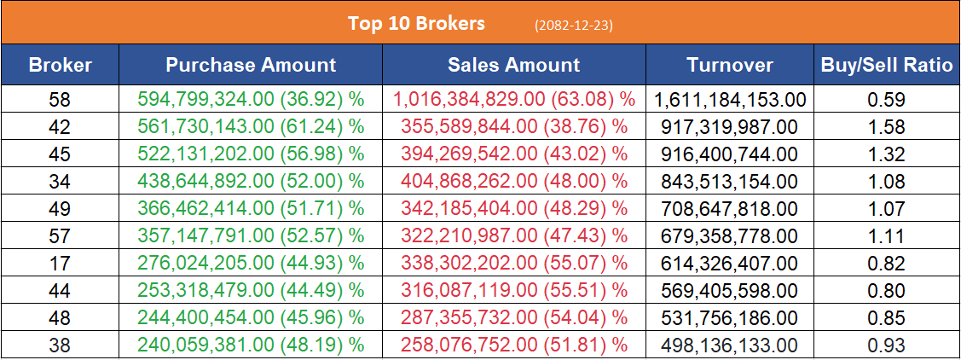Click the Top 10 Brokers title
(x=416, y=23)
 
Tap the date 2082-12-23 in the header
(x=573, y=25)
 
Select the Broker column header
(x=60, y=65)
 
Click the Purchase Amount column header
(x=251, y=65)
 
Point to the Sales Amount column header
(x=513, y=65)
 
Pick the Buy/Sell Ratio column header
(x=886, y=65)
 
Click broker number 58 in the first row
(x=60, y=100)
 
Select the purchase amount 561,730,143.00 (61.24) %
(x=251, y=127)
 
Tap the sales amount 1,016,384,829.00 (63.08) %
(x=514, y=100)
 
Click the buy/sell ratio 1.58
(x=886, y=127)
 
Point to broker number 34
(x=60, y=182)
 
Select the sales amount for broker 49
(x=514, y=209)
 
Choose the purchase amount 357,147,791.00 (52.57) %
(x=251, y=236)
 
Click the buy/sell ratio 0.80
(x=886, y=291)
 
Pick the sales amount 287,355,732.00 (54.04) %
(x=514, y=318)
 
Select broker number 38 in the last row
(x=60, y=345)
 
